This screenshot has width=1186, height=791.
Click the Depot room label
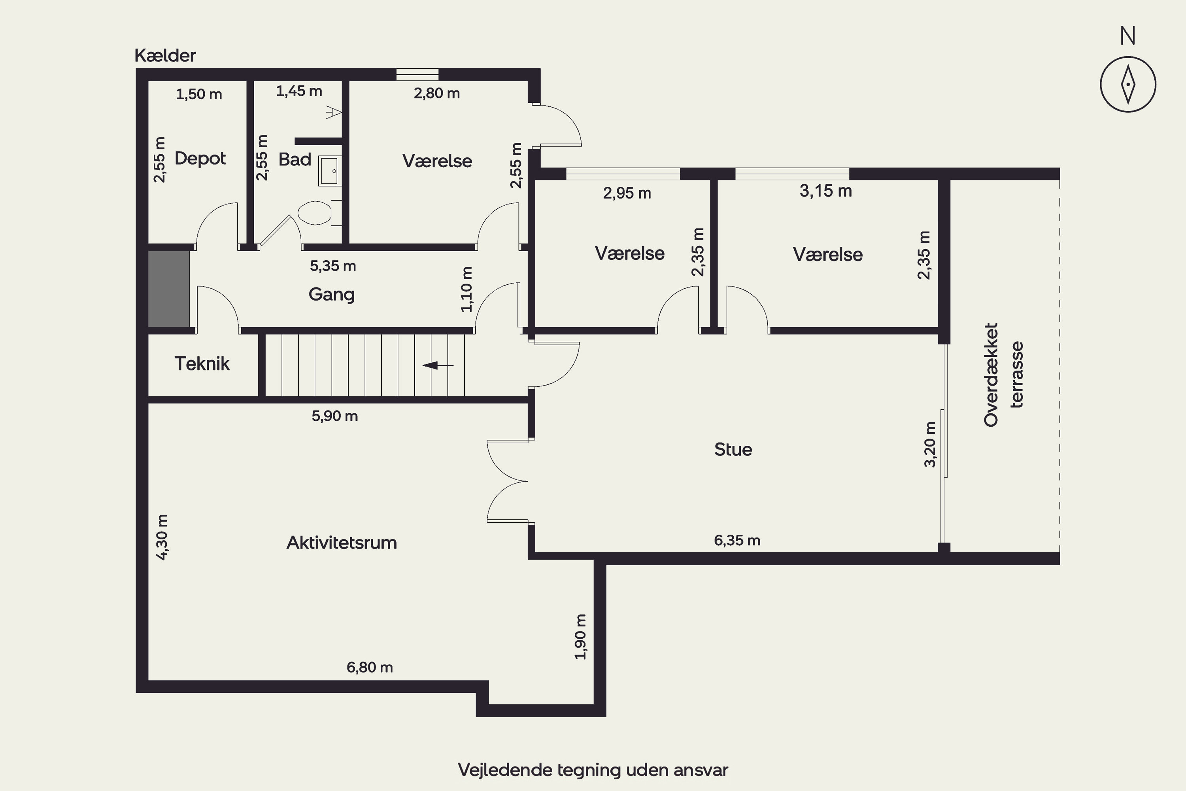(200, 159)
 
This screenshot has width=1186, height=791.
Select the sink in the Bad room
(330, 171)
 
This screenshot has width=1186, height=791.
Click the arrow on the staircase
(438, 365)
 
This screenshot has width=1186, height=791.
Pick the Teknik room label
(202, 364)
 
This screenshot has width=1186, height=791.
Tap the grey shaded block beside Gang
(169, 289)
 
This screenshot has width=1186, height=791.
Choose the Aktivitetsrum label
(342, 543)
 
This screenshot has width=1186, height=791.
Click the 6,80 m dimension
(370, 668)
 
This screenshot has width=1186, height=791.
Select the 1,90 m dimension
(580, 637)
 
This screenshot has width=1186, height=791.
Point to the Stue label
(733, 449)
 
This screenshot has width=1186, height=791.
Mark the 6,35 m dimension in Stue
(737, 540)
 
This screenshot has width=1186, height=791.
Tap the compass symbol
(1128, 84)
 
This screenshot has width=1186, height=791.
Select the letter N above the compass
(1128, 36)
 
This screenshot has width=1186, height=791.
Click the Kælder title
(165, 55)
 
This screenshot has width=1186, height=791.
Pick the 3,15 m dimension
(826, 191)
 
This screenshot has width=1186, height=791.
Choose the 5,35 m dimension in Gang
(333, 266)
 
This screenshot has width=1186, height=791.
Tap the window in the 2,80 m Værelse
(417, 75)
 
